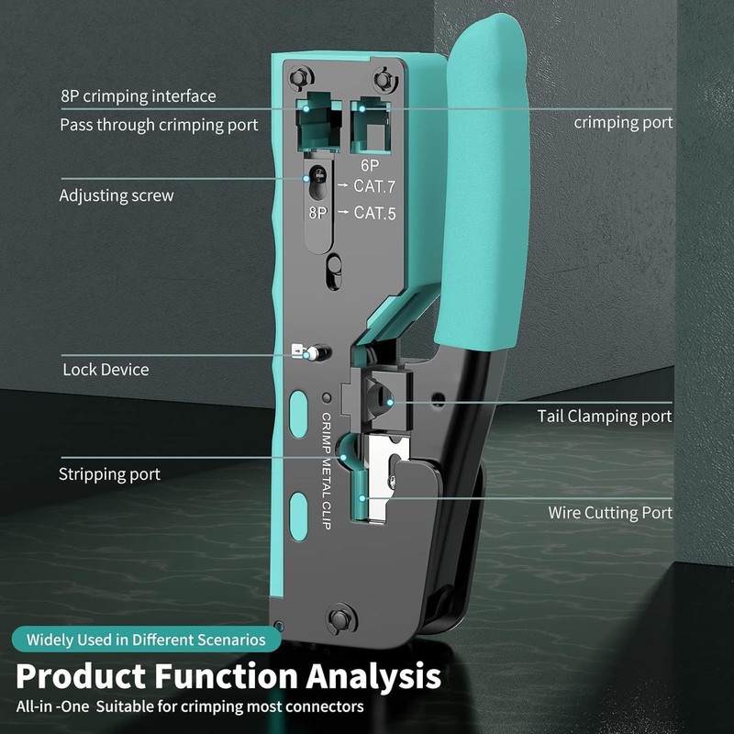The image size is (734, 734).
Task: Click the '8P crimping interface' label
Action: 139,96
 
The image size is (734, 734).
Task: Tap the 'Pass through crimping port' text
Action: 159,125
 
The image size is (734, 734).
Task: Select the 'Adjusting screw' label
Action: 117,195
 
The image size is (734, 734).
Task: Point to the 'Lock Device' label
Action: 106,370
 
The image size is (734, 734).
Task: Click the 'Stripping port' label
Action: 109,474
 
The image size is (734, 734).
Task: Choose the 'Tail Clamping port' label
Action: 605,417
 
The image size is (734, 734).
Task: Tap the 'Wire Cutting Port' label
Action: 610,513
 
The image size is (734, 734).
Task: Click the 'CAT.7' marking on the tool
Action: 374,186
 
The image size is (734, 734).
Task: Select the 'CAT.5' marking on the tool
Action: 374,213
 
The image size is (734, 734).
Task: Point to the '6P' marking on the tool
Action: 370,165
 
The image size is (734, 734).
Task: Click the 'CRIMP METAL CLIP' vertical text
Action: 327,471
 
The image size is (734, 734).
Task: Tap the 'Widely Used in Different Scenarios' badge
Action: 146,639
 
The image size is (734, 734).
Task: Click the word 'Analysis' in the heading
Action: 373,677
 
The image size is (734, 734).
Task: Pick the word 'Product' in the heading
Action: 81,677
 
